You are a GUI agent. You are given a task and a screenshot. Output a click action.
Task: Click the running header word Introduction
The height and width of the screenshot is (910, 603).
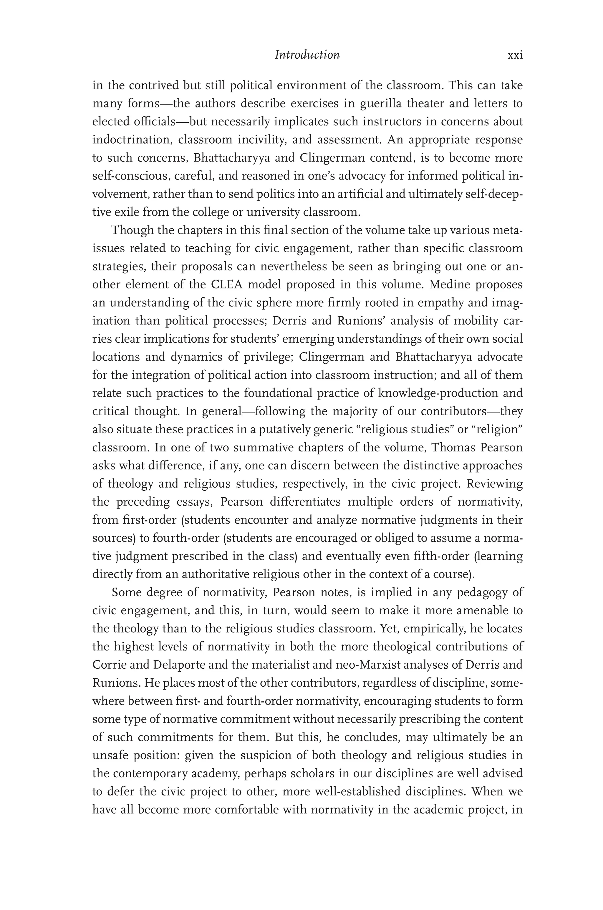307,55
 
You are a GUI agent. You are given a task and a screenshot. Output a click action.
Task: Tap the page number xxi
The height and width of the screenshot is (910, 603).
515,55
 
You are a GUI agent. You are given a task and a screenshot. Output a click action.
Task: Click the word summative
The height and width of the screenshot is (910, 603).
260,447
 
